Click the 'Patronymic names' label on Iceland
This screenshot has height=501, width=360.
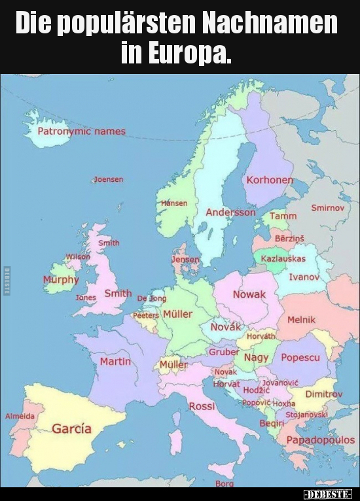81,131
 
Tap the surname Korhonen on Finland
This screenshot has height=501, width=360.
270,179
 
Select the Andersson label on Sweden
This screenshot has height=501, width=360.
230,213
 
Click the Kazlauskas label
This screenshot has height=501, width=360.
283,258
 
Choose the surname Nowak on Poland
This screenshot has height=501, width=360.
249,294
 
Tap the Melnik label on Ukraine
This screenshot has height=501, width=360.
301,319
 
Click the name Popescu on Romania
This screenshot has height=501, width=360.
300,357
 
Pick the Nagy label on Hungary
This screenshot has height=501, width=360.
256,358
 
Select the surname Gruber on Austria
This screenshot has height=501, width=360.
224,351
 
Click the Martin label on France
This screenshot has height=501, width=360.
115,361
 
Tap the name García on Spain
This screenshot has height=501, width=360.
71,429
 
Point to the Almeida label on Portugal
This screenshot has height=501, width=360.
20,416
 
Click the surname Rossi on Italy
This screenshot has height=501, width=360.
202,406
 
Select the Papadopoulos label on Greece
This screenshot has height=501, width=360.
321,440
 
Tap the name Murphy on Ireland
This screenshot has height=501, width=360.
60,279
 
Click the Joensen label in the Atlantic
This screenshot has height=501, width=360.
108,179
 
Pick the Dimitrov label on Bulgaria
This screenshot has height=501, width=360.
323,394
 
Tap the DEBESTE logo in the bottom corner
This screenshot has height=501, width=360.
329,492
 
